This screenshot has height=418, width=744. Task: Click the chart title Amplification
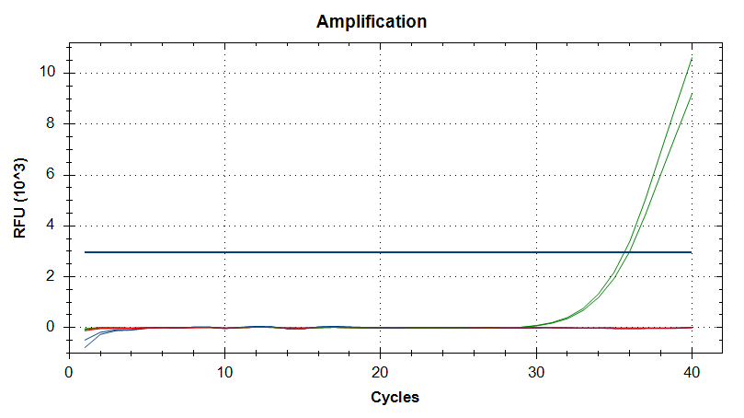[372, 21]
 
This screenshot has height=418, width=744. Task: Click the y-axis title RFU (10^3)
[20, 198]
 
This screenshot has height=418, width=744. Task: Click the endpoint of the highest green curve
[691, 58]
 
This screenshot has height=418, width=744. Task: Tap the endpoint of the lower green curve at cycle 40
[691, 93]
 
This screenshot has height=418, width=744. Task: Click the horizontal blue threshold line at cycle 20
[380, 251]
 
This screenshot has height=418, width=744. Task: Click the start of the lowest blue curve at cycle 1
[85, 346]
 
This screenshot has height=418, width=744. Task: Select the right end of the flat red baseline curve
[691, 327]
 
